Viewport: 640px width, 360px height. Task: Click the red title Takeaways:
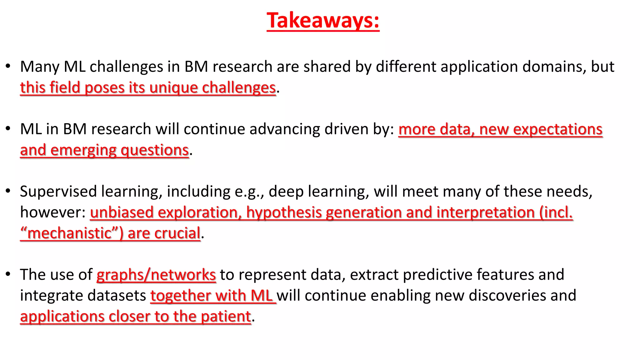pos(323,21)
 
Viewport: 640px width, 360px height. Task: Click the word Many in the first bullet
pos(39,67)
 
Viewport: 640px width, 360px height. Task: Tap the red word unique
pos(173,88)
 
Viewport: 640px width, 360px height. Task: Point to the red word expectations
pos(558,129)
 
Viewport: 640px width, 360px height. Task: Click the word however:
pos(52,212)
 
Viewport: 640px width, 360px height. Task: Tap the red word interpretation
pos(486,212)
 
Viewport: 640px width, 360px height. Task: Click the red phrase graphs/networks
pos(156,275)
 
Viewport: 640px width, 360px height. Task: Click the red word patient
pos(226,317)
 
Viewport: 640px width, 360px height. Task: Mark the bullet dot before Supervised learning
pos(8,191)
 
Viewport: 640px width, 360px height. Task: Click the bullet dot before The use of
pos(8,274)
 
